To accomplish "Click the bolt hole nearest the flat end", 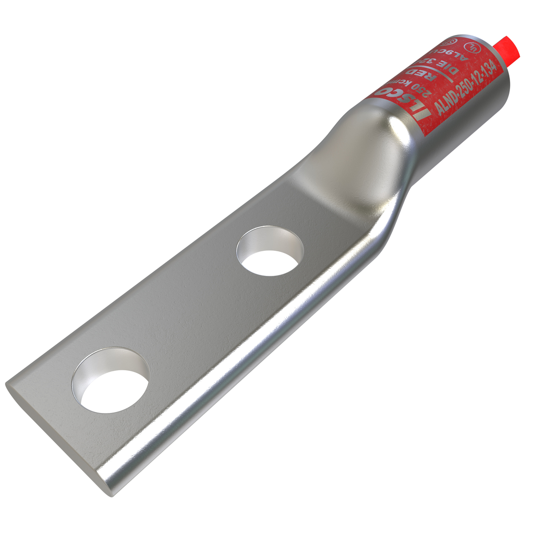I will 111,381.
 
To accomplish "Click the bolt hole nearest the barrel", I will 270,251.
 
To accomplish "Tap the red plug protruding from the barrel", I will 508,48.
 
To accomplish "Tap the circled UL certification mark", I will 472,47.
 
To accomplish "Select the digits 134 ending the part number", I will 489,67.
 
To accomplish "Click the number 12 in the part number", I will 478,76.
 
